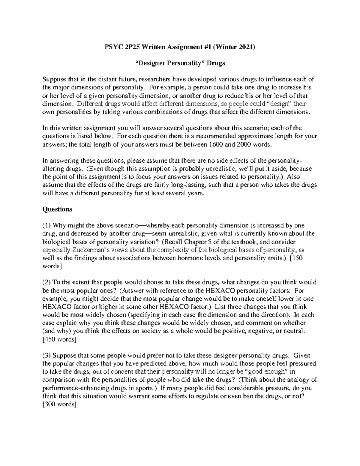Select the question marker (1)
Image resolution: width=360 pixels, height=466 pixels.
tap(46, 226)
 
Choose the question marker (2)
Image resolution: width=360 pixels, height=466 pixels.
tap(46, 282)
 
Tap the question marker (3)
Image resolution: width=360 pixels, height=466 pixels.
tap(46, 356)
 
